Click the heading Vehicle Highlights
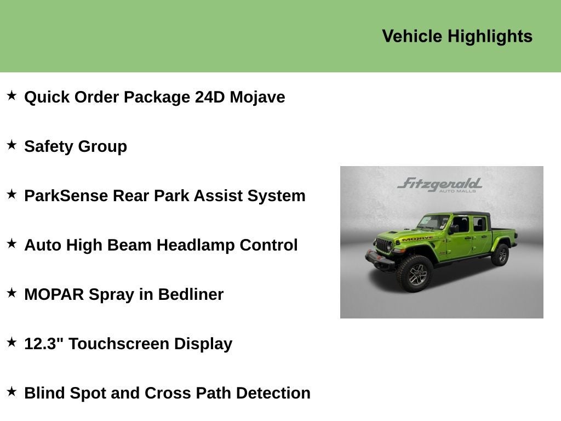(457, 36)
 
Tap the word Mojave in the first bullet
(257, 97)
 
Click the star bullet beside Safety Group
(12, 145)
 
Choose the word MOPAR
(54, 294)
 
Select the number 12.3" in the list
(44, 344)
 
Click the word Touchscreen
(119, 344)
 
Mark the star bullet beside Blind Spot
(12, 392)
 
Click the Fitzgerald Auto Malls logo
(439, 184)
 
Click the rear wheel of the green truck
(501, 255)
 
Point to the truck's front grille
(383, 244)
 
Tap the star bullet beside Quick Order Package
(12, 96)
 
